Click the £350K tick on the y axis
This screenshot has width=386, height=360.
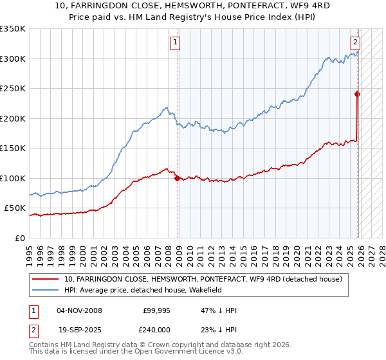pos(13,29)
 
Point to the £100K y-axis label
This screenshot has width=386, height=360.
pos(13,178)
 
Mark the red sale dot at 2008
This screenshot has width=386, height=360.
pos(177,179)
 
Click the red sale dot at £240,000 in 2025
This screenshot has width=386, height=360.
pos(358,94)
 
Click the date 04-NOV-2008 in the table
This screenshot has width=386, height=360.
pos(79,310)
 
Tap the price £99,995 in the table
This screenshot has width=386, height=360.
pos(156,310)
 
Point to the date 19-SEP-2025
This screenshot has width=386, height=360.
pos(79,328)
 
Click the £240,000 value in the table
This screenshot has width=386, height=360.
pos(156,328)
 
